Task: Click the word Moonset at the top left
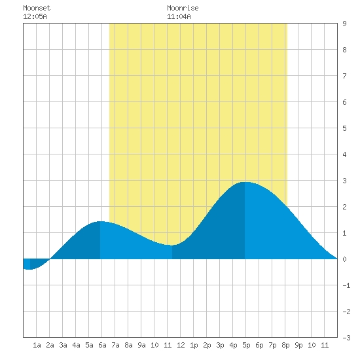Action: pyautogui.click(x=37, y=8)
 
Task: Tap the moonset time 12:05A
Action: pyautogui.click(x=35, y=16)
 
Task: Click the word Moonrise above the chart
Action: pyautogui.click(x=183, y=8)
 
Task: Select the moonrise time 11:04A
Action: pyautogui.click(x=179, y=16)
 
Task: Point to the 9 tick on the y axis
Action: pyautogui.click(x=344, y=24)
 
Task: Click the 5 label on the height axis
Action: pyautogui.click(x=344, y=128)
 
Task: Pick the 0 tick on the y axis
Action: pyautogui.click(x=344, y=259)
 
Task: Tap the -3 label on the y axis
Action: pyautogui.click(x=346, y=338)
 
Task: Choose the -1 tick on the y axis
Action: pyautogui.click(x=346, y=285)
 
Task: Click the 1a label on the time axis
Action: pyautogui.click(x=37, y=345)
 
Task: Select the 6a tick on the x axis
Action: pyautogui.click(x=102, y=345)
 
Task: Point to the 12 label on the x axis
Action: pyautogui.click(x=181, y=345)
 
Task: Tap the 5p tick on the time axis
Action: pyautogui.click(x=246, y=345)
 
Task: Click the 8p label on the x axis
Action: pyautogui.click(x=285, y=345)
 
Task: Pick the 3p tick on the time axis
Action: pyautogui.click(x=220, y=345)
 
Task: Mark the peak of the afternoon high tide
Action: pyautogui.click(x=245, y=182)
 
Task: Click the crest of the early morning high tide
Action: pyautogui.click(x=100, y=221)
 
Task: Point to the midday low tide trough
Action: pyautogui.click(x=172, y=245)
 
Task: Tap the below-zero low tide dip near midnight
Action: pyautogui.click(x=30, y=269)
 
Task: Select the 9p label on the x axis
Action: pyautogui.click(x=298, y=345)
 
